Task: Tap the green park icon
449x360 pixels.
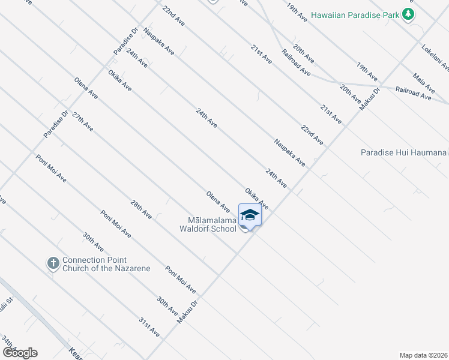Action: (409, 14)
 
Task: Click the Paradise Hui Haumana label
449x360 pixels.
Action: (403, 153)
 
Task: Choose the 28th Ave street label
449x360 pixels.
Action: (142, 211)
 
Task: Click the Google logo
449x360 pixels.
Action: (19, 353)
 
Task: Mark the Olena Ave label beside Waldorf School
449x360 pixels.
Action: (218, 202)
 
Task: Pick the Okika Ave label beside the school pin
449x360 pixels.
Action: (256, 199)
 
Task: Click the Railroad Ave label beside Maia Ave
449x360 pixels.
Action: (414, 92)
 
